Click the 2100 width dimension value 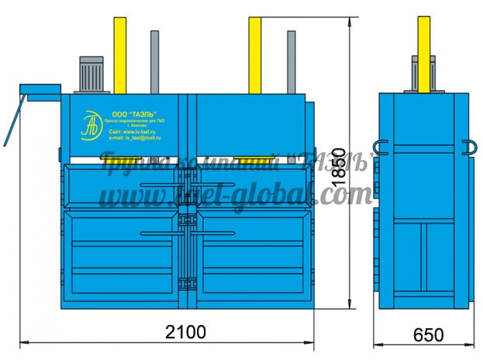click(x=185, y=331)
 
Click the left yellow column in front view click(x=120, y=54)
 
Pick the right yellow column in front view click(x=254, y=54)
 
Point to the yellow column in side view click(x=424, y=54)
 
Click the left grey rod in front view click(x=155, y=62)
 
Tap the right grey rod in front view click(x=292, y=62)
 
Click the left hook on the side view click(x=380, y=147)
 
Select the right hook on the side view click(x=470, y=147)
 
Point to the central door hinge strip click(x=186, y=233)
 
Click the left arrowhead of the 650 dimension click(x=377, y=342)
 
